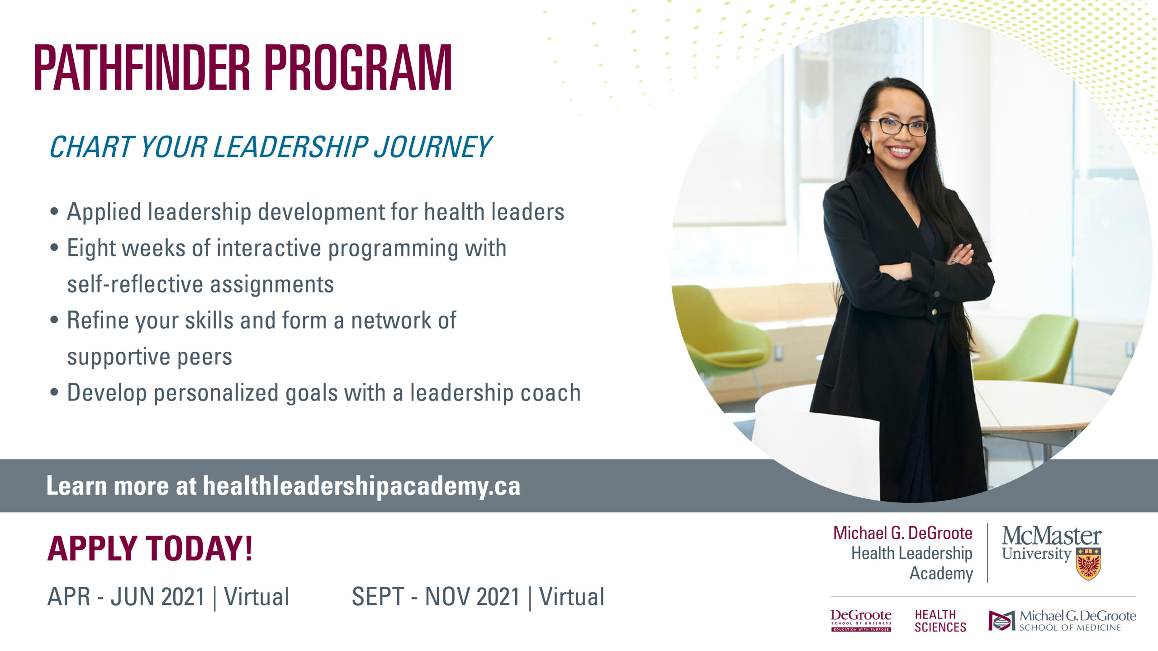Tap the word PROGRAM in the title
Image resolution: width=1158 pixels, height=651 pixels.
click(358, 68)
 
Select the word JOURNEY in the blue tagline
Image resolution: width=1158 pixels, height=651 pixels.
click(432, 148)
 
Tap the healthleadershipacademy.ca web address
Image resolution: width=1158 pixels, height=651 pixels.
click(361, 486)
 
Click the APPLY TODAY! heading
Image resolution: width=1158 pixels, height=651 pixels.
click(150, 548)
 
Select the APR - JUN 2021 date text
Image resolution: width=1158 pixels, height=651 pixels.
click(126, 597)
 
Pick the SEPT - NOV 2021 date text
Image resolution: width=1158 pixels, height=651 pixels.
click(436, 597)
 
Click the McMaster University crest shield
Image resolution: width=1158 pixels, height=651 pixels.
click(1088, 563)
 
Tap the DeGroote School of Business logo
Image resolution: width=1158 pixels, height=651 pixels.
click(861, 620)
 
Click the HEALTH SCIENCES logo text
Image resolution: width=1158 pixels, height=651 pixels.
click(940, 621)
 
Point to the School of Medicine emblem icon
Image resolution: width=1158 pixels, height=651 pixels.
click(1001, 620)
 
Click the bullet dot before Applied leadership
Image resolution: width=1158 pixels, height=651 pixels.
click(55, 212)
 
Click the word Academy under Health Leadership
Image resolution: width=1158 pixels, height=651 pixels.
click(941, 573)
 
